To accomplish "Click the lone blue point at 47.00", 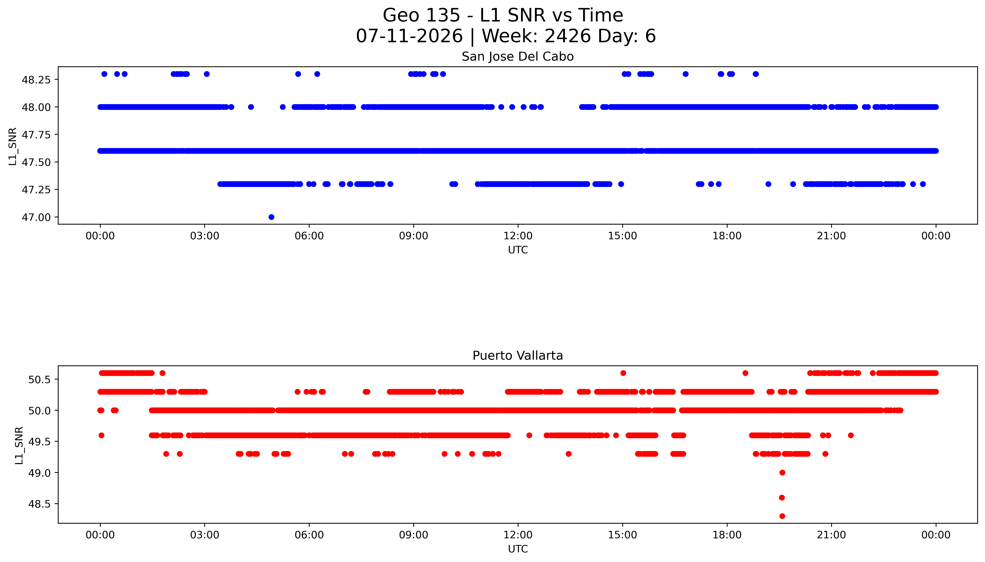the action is pyautogui.click(x=271, y=217).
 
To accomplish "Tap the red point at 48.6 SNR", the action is pyautogui.click(x=782, y=498).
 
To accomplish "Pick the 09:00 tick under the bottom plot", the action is pyautogui.click(x=414, y=535).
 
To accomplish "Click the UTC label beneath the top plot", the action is pyautogui.click(x=518, y=250).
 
